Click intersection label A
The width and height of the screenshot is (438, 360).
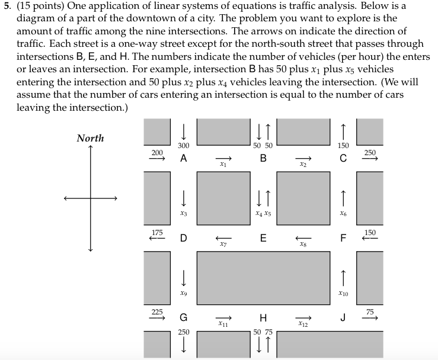(x=184, y=159)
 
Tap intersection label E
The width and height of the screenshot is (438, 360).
(x=263, y=239)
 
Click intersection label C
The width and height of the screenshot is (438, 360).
(x=343, y=159)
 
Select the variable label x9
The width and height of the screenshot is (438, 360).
(x=184, y=293)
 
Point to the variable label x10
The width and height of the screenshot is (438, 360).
(x=343, y=293)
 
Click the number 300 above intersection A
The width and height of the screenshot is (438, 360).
(x=184, y=146)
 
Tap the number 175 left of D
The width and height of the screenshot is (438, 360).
(x=157, y=232)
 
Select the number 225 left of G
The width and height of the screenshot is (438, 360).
(x=156, y=311)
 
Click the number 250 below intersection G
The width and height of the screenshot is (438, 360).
(x=184, y=332)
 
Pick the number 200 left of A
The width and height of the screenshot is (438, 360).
(x=157, y=153)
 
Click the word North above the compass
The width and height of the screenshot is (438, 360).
(x=90, y=138)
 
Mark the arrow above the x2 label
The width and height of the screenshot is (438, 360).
(x=303, y=157)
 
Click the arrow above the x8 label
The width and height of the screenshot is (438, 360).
(x=303, y=237)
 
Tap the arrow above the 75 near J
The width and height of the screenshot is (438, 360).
(x=370, y=319)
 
